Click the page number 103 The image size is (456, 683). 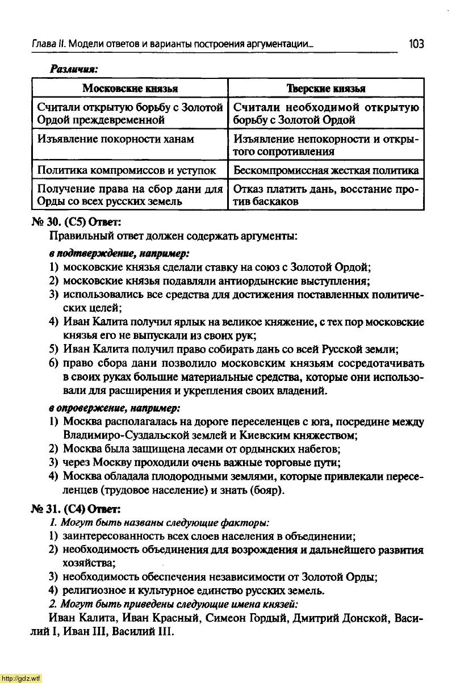coord(416,44)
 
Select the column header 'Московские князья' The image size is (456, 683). coord(130,88)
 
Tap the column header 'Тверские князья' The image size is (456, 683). coord(325,88)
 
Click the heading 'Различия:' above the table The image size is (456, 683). coord(74,69)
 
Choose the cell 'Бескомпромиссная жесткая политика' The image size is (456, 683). coord(326,170)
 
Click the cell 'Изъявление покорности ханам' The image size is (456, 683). coord(115,139)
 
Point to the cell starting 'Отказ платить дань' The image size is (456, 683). coord(325,195)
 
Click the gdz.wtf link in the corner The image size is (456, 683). coord(21,678)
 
